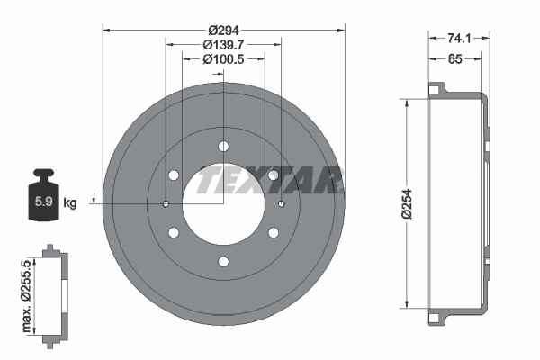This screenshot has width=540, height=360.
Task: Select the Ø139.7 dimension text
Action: pyautogui.click(x=222, y=43)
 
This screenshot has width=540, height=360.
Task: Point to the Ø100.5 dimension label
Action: pyautogui.click(x=222, y=59)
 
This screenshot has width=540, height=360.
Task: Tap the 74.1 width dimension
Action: pyautogui.click(x=459, y=38)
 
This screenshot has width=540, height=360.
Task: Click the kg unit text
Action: pyautogui.click(x=69, y=202)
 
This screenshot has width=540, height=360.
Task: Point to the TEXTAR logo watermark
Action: pyautogui.click(x=269, y=181)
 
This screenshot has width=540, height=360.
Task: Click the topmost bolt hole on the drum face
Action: pyautogui.click(x=223, y=147)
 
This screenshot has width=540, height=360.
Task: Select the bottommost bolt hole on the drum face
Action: pyautogui.click(x=223, y=262)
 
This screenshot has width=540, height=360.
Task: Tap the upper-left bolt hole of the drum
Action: pyautogui.click(x=174, y=175)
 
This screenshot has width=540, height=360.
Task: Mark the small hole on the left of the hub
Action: pyautogui.click(x=166, y=204)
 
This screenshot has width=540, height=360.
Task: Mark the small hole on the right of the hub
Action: pyautogui.click(x=281, y=204)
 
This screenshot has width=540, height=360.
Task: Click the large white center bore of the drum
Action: pyautogui.click(x=222, y=205)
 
